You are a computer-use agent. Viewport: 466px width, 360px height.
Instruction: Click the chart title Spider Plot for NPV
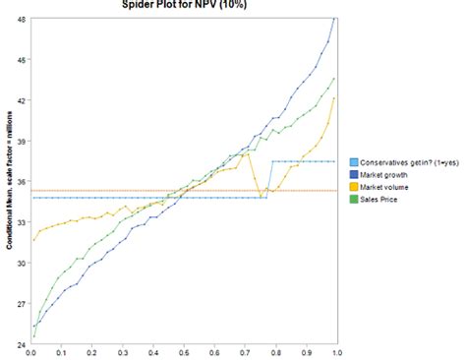pos(184,5)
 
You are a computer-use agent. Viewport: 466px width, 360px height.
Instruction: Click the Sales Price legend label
pos(383,200)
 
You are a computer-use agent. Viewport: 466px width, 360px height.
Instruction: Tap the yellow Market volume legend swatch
pos(354,187)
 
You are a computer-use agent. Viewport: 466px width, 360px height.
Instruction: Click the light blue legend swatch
pos(354,161)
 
